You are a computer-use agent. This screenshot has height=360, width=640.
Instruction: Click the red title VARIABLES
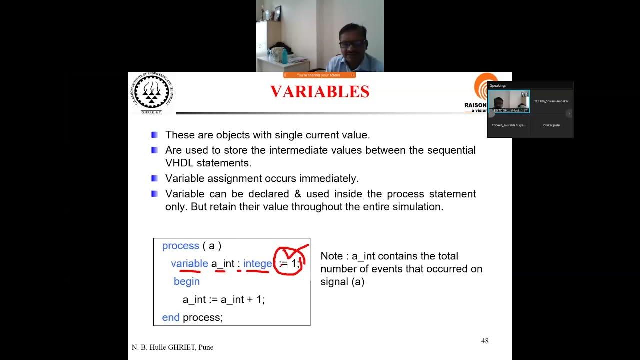tap(320, 92)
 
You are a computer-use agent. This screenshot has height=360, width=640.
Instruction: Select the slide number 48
tap(485, 341)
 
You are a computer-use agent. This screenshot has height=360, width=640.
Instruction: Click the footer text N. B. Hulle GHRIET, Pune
tap(172, 347)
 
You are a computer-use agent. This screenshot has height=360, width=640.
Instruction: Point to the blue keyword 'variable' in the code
tap(189, 264)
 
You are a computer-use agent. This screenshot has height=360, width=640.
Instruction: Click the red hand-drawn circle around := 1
tap(290, 261)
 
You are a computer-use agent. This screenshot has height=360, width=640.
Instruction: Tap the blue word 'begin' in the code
tap(187, 282)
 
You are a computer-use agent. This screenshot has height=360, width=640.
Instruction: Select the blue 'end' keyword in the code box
tap(171, 318)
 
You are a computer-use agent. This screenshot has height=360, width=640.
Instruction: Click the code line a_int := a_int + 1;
tap(223, 300)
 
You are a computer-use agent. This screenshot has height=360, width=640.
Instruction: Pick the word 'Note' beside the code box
tap(332, 256)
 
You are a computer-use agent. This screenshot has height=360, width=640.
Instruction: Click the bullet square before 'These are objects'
tap(155, 135)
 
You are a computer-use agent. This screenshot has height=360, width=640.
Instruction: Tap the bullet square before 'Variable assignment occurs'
tap(155, 178)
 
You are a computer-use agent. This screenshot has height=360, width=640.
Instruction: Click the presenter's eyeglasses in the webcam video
tap(353, 44)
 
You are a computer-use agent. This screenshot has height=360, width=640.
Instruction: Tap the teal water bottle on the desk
tap(285, 56)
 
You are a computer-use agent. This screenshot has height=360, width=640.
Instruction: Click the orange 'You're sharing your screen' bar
tap(319, 75)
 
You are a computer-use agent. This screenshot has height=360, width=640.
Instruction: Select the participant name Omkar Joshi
tap(551, 125)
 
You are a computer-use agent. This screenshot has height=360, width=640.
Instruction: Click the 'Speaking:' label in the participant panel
tap(498, 86)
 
